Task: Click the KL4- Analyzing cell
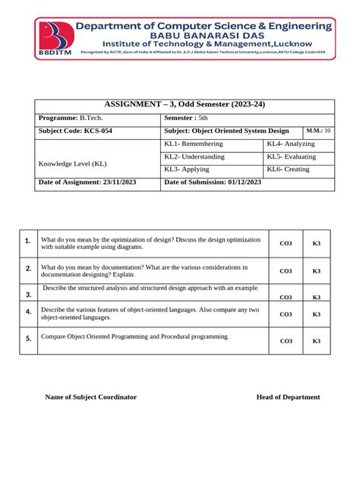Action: point(291,144)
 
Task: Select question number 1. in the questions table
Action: point(27,242)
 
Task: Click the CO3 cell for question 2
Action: point(286,271)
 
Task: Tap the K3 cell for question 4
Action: point(317,314)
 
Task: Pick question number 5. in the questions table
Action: point(27,339)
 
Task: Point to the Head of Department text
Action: point(288,397)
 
